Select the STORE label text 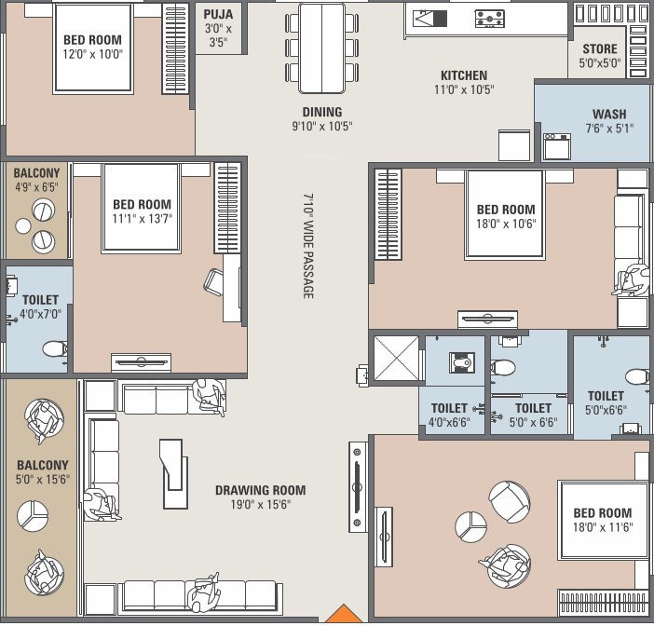[x=600, y=49]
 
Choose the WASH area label [x=609, y=115]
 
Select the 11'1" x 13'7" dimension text [x=142, y=219]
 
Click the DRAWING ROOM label [x=260, y=490]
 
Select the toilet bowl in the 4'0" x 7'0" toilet [x=55, y=348]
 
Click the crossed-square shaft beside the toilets [x=396, y=359]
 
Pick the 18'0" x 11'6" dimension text [x=602, y=527]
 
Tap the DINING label [x=320, y=112]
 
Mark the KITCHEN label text [x=464, y=75]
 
